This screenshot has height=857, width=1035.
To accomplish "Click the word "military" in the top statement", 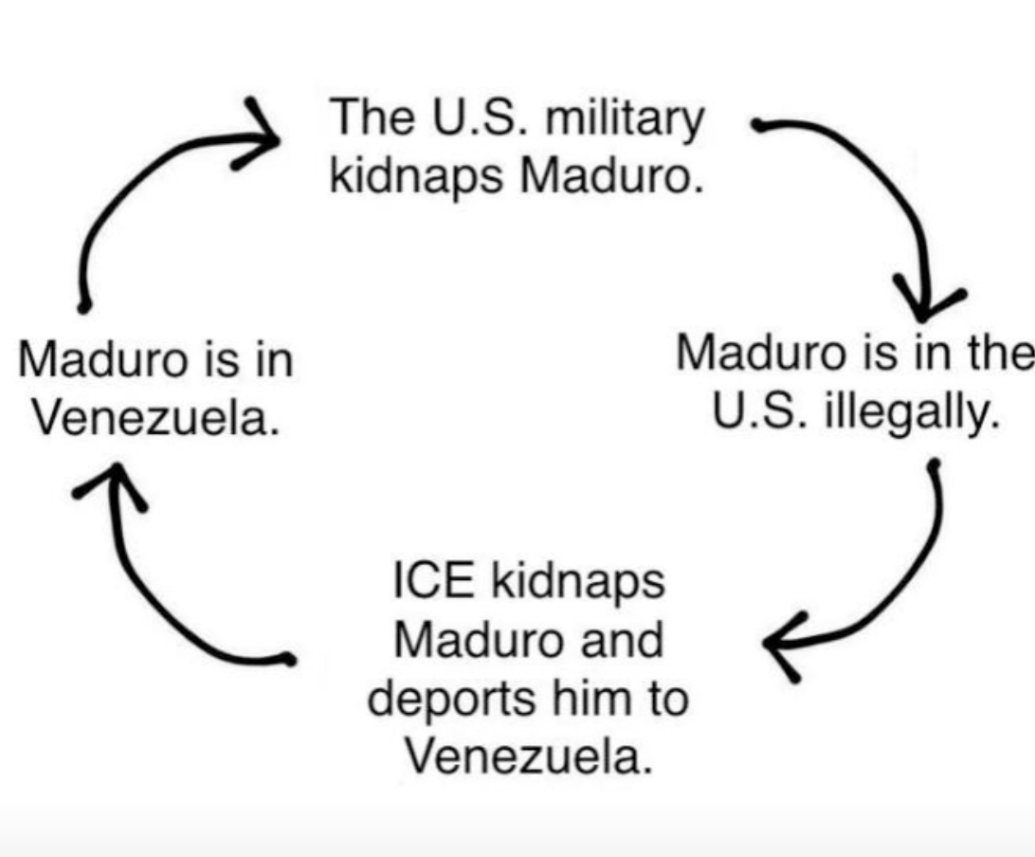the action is click(x=625, y=119).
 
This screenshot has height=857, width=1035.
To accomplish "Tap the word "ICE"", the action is click(x=433, y=581).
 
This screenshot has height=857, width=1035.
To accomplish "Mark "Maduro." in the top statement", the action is click(x=611, y=175).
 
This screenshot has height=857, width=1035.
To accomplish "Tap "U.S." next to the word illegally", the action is click(x=758, y=410).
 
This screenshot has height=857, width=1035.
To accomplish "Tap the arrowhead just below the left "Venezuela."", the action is click(x=111, y=484).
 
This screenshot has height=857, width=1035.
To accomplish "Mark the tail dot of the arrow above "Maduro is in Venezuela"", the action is click(x=83, y=307).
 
